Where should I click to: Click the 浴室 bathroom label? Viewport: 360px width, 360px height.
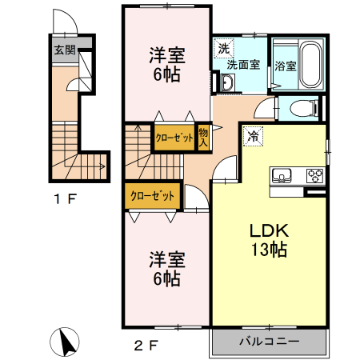pos(286,65)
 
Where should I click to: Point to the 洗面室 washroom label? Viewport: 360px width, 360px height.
pos(242,64)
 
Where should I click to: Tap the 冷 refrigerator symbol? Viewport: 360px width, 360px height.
pos(253,136)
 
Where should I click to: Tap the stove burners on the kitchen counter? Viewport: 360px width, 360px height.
pos(313,176)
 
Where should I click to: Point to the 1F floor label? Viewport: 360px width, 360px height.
pos(66,198)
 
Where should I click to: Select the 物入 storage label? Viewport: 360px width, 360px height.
pos(203,138)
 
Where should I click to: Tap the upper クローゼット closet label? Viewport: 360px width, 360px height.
pos(174,138)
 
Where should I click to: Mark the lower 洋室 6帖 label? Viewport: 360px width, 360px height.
pos(166,269)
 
